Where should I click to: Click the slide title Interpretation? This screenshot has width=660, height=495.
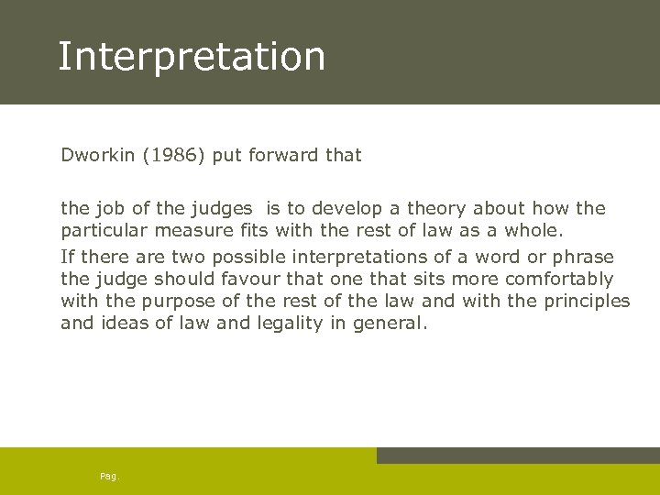192,56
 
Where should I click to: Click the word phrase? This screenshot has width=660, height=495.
582,257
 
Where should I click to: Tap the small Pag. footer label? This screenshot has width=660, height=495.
110,477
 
